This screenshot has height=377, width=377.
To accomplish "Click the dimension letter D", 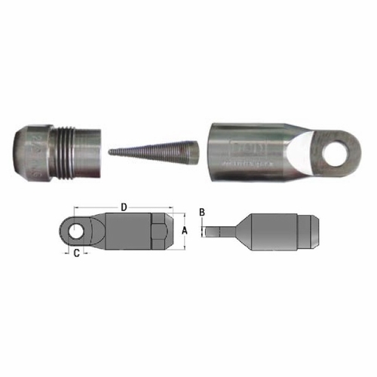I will (124, 204).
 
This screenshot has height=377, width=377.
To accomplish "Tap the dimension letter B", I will (202, 213).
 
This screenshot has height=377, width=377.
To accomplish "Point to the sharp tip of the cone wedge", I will (111, 152).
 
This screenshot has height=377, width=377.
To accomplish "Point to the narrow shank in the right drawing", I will (219, 232).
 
